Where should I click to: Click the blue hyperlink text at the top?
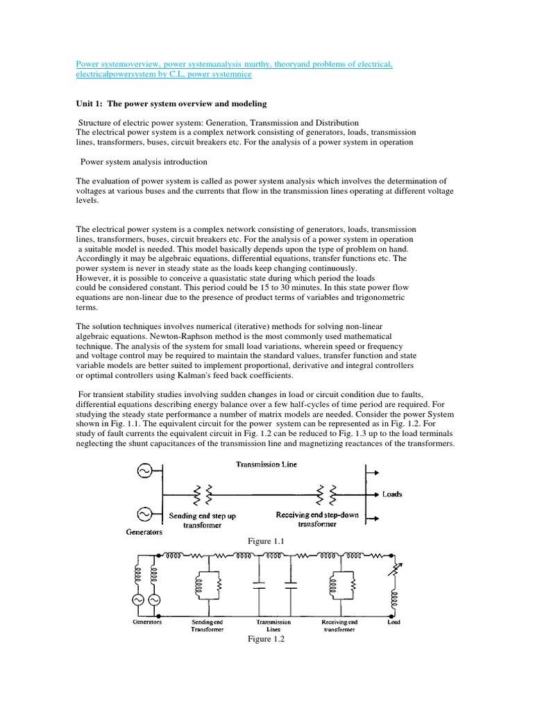click(234, 65)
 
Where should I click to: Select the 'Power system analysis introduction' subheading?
click(144, 162)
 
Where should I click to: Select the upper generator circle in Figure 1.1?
click(146, 472)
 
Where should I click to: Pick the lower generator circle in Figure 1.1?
click(146, 515)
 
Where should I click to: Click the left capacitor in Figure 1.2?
click(259, 587)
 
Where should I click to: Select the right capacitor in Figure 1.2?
click(291, 587)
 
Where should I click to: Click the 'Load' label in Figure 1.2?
click(394, 623)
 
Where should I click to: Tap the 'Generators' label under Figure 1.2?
click(147, 623)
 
